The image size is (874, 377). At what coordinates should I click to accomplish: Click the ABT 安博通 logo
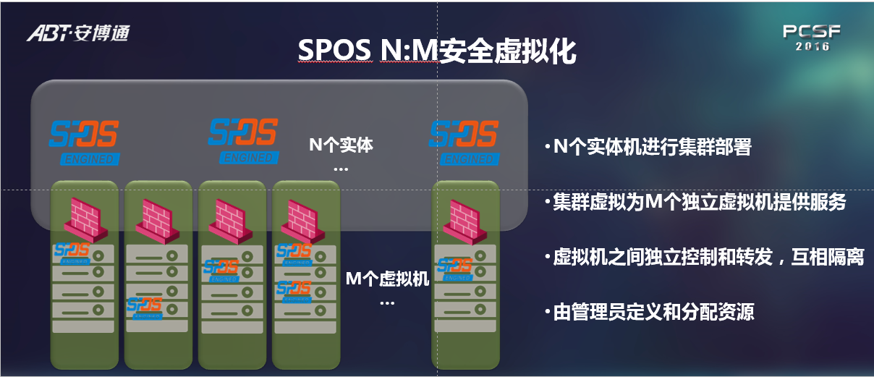coord(78,33)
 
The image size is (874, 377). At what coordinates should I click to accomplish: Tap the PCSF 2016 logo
coord(812,38)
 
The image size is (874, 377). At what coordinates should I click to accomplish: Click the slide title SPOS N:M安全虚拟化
coord(437,51)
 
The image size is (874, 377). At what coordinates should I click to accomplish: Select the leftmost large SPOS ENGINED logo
coord(84,143)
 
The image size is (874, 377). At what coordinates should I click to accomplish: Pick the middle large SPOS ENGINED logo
coord(244,141)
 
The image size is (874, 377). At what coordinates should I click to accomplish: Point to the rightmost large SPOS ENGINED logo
coord(464,143)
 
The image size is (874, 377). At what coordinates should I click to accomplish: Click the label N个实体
coord(341,145)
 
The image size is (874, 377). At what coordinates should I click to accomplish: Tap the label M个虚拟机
coord(388,279)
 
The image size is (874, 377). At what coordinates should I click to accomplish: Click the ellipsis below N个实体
coord(341,169)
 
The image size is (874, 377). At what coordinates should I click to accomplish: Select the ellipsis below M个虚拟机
coord(387,303)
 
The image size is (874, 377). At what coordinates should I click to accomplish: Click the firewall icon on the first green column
coord(86,220)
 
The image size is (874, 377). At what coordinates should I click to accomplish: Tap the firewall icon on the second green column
coord(158,221)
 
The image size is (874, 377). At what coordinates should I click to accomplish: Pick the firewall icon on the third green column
coord(231,221)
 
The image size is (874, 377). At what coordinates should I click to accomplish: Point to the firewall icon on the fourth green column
coord(302,221)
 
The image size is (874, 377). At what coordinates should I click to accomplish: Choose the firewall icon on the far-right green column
coord(464,222)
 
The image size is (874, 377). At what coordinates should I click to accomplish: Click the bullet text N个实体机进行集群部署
coord(652,147)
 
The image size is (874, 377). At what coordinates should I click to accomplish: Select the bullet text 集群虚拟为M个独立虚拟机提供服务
coord(699,202)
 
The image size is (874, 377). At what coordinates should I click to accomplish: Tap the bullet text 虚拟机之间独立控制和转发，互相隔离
coord(708,257)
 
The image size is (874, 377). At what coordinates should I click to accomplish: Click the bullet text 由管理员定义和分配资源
coord(653,312)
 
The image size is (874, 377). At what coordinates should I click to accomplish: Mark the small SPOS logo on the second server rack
coord(145,308)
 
